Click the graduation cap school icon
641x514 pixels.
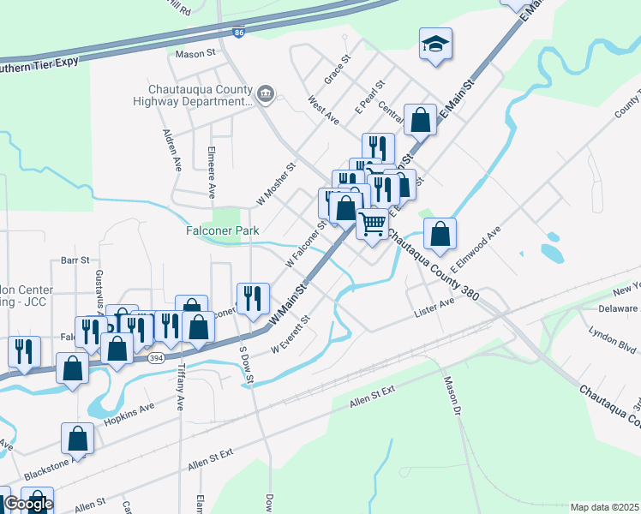click(x=435, y=44)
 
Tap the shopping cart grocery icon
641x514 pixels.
click(x=372, y=223)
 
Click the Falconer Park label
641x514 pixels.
click(x=222, y=230)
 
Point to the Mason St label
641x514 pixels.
click(x=195, y=53)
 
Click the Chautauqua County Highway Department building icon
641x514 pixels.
click(x=266, y=93)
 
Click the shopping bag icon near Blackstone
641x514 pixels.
click(x=77, y=438)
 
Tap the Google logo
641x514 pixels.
click(x=27, y=504)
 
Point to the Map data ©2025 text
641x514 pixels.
click(x=604, y=507)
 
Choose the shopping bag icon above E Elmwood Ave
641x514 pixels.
click(x=440, y=234)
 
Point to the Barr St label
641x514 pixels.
click(x=75, y=260)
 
